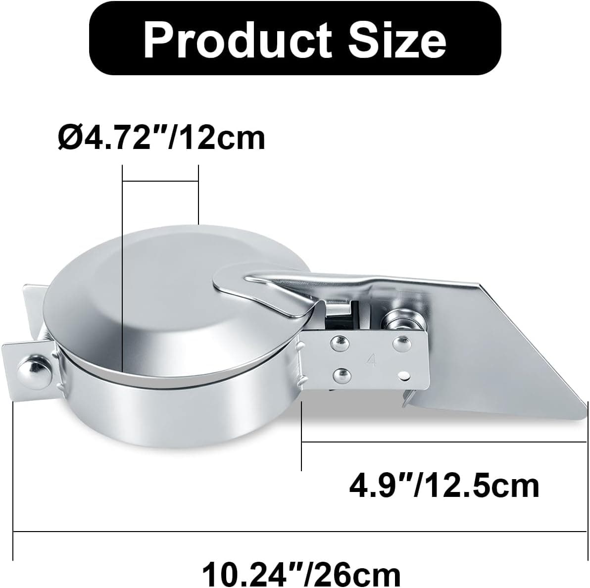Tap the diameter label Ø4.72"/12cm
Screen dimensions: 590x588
(x=161, y=139)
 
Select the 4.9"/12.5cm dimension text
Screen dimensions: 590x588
(x=444, y=486)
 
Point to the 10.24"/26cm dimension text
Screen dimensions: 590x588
(x=301, y=573)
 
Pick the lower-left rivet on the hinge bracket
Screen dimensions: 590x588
(x=342, y=374)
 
